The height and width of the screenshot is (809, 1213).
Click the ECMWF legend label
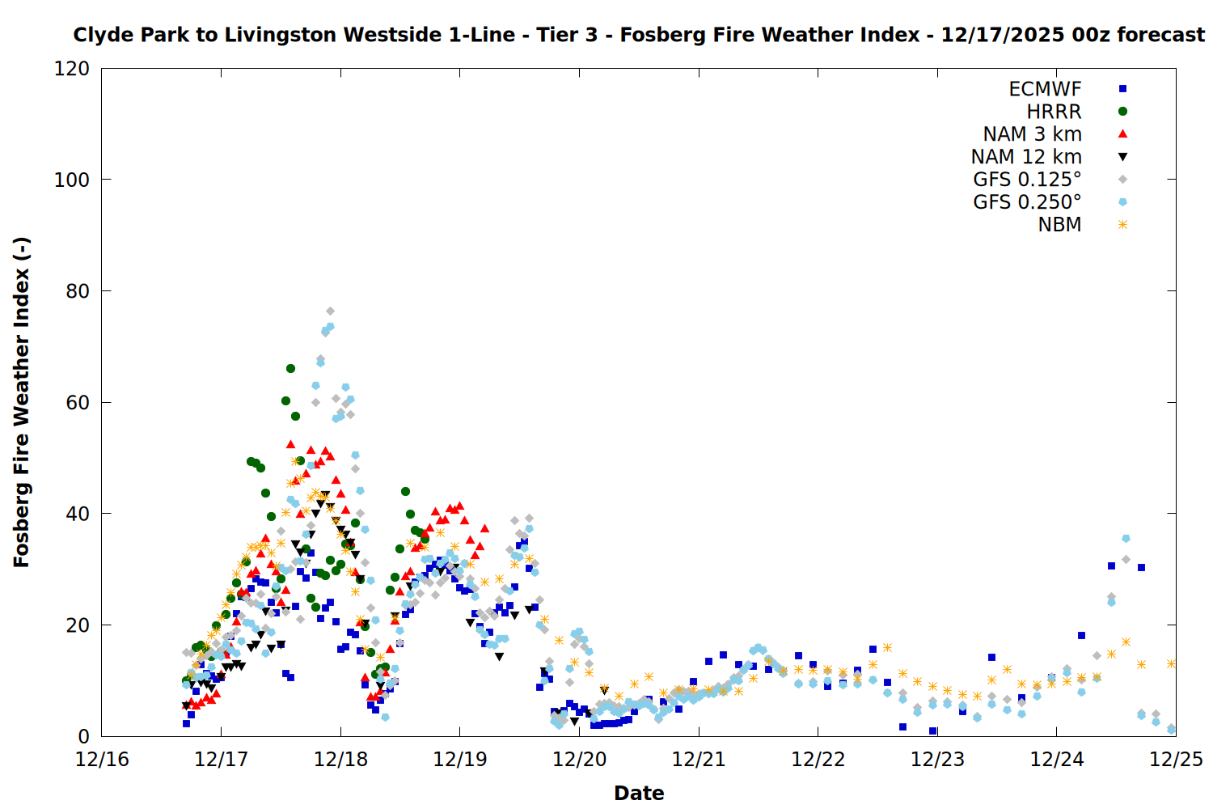[1045, 89]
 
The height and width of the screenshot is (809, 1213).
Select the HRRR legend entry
[1054, 112]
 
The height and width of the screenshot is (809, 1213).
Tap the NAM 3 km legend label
[1032, 134]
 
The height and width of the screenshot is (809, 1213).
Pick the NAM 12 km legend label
[1026, 157]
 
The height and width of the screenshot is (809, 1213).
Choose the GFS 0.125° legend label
[1027, 180]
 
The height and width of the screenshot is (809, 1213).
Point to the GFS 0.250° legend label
[1027, 202]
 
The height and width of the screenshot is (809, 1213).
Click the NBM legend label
[1059, 225]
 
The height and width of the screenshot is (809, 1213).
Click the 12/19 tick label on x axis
[459, 760]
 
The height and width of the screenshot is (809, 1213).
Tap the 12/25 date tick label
[1176, 760]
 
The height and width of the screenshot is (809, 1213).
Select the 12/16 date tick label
[102, 760]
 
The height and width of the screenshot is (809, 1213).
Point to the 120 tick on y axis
[72, 69]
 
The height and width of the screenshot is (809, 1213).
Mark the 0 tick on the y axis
[83, 736]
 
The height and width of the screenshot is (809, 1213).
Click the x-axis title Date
[639, 793]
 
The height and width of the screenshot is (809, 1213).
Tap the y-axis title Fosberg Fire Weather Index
[22, 402]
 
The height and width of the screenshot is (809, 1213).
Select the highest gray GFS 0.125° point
[330, 311]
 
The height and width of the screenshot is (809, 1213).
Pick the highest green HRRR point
[290, 368]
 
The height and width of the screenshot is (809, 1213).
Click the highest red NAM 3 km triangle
[290, 444]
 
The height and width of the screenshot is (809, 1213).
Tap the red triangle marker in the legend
[1122, 134]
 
